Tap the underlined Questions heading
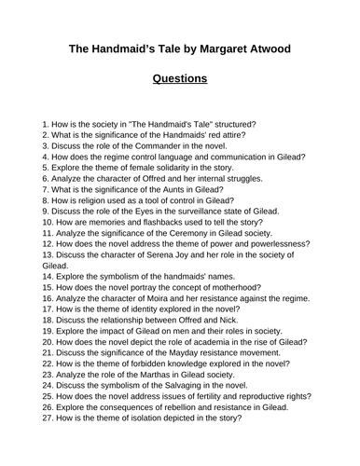[x=180, y=78]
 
